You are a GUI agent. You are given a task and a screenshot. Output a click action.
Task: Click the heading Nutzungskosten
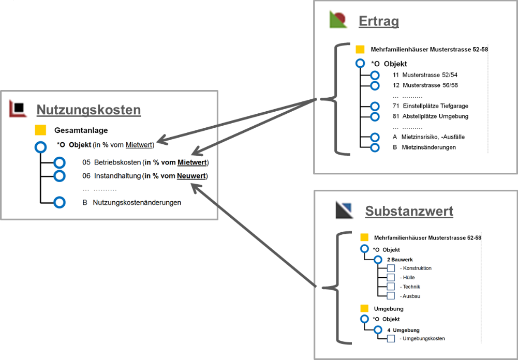pyautogui.click(x=88, y=110)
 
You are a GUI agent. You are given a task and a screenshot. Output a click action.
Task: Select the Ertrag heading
pyautogui.click(x=378, y=21)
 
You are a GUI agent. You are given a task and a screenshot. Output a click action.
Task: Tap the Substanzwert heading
pyautogui.click(x=409, y=211)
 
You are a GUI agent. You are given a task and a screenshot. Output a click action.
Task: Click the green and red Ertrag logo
pyautogui.click(x=338, y=20)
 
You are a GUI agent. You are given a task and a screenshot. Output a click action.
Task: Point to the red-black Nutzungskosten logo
pyautogui.click(x=18, y=108)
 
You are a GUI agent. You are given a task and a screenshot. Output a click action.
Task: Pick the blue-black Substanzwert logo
pyautogui.click(x=344, y=209)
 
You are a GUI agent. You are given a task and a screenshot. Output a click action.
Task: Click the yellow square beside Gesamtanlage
pyautogui.click(x=40, y=130)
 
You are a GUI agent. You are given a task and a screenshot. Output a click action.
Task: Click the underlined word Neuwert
pyautogui.click(x=191, y=176)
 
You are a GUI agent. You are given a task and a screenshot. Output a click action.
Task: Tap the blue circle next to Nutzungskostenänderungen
pyautogui.click(x=60, y=203)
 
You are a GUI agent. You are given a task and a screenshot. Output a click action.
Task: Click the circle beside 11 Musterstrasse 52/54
pyautogui.click(x=375, y=76)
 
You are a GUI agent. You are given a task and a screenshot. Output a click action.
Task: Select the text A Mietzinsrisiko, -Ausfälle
pyautogui.click(x=428, y=137)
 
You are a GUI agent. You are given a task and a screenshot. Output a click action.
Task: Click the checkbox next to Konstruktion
pyautogui.click(x=391, y=268)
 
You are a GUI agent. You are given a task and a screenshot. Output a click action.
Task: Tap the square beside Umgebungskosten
pyautogui.click(x=391, y=339)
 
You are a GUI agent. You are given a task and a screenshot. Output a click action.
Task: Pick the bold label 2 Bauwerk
pyautogui.click(x=399, y=259)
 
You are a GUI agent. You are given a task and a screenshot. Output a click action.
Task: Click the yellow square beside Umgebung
pyautogui.click(x=364, y=308)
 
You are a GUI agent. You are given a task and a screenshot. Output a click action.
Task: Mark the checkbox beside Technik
pyautogui.click(x=391, y=287)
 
